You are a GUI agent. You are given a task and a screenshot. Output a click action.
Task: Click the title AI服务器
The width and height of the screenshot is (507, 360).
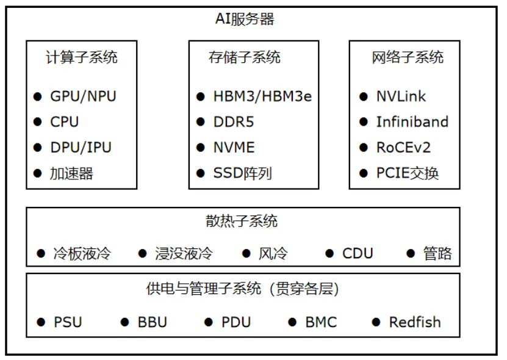tap(245, 19)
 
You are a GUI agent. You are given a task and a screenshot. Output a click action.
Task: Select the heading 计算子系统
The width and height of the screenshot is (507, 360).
tap(82, 57)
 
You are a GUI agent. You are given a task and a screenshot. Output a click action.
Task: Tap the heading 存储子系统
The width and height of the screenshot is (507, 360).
tap(245, 57)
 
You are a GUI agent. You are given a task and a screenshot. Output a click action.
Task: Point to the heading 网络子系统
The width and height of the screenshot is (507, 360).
tap(408, 57)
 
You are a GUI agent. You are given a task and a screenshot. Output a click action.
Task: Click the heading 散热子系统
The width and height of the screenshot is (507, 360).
tap(242, 221)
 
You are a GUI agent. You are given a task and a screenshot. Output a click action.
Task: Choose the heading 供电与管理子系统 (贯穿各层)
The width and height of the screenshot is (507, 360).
tap(242, 289)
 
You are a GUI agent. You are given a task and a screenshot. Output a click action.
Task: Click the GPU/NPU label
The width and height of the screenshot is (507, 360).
tap(83, 96)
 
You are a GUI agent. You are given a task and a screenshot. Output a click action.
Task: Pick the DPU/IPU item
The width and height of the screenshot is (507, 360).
tap(81, 148)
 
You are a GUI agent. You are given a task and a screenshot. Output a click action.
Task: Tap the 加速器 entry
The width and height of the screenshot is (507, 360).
tap(71, 173)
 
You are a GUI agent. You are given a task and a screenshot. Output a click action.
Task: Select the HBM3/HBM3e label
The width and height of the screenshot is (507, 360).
tap(262, 96)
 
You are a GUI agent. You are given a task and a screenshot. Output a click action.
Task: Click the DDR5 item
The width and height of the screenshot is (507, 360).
tap(234, 122)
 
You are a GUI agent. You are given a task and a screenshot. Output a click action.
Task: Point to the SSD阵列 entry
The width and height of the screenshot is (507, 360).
tap(242, 173)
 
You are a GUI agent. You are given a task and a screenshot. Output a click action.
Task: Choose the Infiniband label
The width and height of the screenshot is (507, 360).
tap(412, 122)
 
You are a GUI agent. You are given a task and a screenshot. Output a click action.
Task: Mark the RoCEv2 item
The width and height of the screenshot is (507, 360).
tap(403, 148)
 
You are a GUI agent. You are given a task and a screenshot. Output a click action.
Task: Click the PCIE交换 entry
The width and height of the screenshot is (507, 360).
tap(408, 173)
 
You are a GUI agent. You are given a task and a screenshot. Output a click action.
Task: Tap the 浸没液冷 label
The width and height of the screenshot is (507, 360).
tap(184, 253)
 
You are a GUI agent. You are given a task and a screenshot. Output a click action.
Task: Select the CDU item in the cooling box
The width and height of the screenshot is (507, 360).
tap(358, 253)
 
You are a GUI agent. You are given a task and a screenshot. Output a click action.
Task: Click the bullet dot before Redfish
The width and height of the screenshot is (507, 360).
tap(376, 322)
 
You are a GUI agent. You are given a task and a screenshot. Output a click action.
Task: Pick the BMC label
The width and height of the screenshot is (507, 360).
tap(321, 322)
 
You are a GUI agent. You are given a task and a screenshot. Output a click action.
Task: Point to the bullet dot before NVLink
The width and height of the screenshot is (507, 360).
tap(364, 96)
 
